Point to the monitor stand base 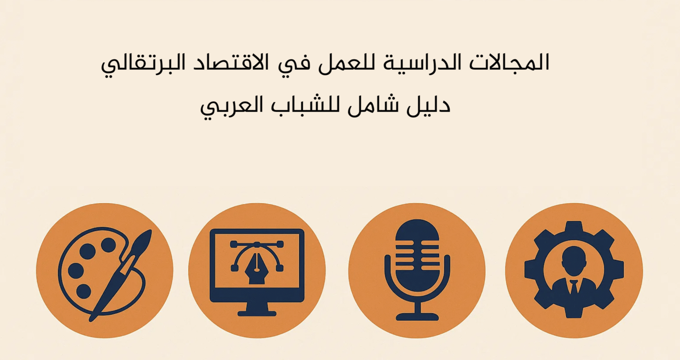pos(257,313)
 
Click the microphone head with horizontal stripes pos(417,255)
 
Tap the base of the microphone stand pos(417,317)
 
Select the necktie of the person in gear pos(574,287)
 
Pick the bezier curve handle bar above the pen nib pos(257,244)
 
